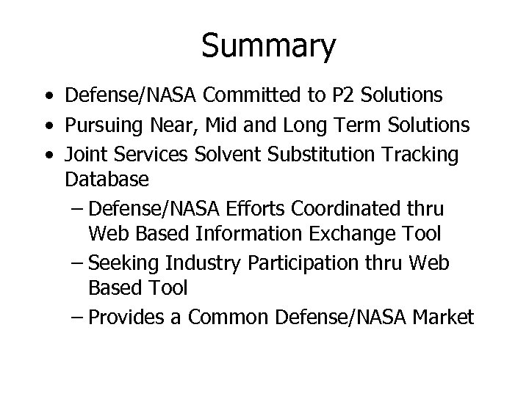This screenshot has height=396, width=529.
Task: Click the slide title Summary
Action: tap(268, 45)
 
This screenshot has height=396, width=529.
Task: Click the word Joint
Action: tap(85, 156)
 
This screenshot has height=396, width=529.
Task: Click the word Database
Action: tap(107, 178)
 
